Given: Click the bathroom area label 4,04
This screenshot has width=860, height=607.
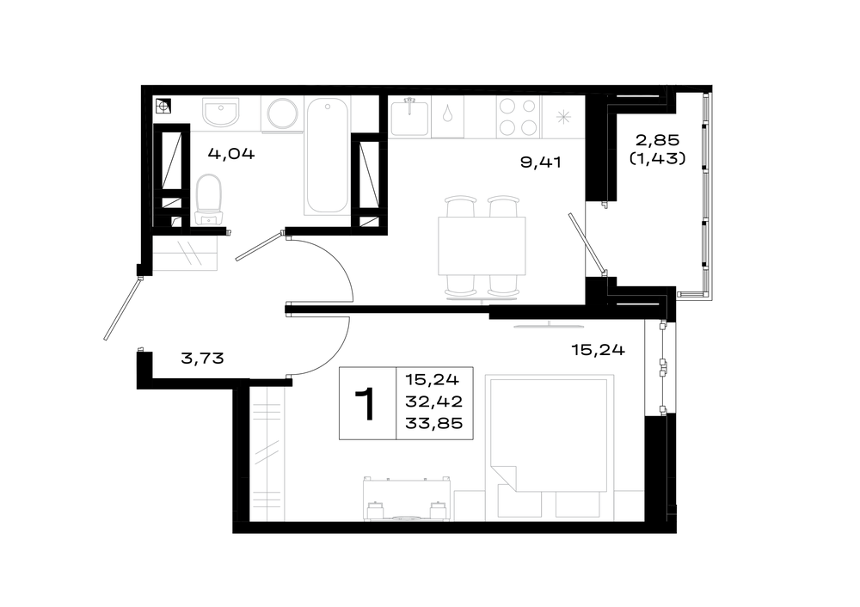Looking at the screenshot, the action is pos(230,154).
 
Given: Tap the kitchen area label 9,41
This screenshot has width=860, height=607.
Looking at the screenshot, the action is pos(541,162).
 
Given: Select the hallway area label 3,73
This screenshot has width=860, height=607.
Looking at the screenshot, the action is pos(202,359).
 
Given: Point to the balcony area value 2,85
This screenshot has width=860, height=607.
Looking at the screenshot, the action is pos(658,140).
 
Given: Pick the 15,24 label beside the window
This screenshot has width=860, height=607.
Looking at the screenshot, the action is pos(598,350).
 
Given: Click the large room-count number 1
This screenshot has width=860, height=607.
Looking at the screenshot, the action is pos(365,403).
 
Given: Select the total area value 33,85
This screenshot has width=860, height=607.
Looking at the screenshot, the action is pos(433,423).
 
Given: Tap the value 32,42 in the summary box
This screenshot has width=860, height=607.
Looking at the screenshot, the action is pos(433,402).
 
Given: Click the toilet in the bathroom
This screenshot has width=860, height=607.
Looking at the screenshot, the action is pos(209,199).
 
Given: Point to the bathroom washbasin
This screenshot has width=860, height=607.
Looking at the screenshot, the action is pos(221,112).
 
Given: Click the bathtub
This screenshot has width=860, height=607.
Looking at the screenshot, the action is pos(327,155).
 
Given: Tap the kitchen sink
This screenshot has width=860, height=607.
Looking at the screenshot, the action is pos(409,116).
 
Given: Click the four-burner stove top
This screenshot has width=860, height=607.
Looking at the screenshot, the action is pos(518,116).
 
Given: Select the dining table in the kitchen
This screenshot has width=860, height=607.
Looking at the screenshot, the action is pos(482,246).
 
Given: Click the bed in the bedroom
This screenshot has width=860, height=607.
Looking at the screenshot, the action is pos(550,433).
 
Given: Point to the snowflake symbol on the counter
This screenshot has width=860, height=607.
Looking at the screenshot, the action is pos(563,117).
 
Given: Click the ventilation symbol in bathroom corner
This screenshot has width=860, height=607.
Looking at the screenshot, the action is pos(163,106).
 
